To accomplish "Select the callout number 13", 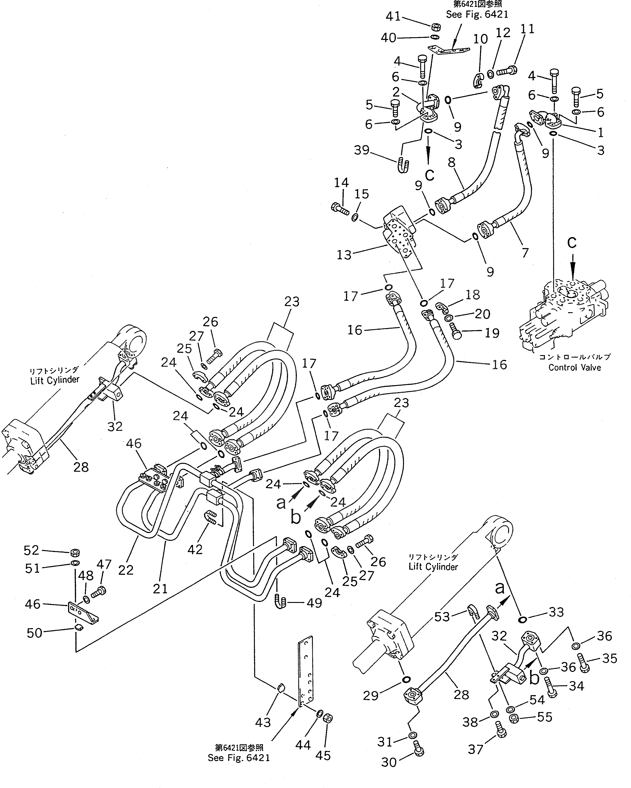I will pyautogui.click(x=344, y=255).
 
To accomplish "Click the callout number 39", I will pyautogui.click(x=362, y=150).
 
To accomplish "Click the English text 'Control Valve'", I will pyautogui.click(x=574, y=367).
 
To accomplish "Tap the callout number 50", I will pyautogui.click(x=34, y=633).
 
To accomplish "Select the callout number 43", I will pyautogui.click(x=263, y=722).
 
